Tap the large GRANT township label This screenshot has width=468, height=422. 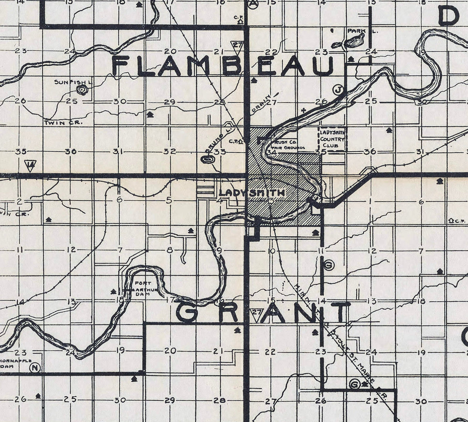click(263, 312)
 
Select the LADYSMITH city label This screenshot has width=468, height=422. click(252, 193)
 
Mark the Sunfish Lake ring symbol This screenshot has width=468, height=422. click(82, 90)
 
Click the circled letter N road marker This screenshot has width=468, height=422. click(35, 367)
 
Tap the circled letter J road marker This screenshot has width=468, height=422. click(338, 90)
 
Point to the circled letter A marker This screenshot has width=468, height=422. click(253, 3)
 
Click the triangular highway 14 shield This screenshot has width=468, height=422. click(30, 166)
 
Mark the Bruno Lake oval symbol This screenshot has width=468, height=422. click(207, 159)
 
